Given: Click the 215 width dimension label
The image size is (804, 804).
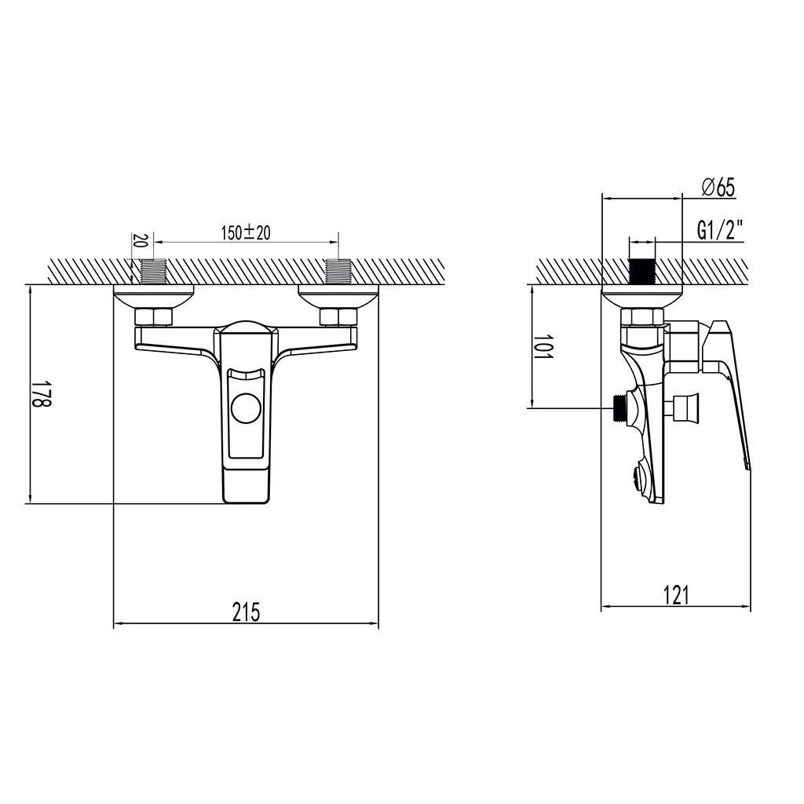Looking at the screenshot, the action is [246, 612].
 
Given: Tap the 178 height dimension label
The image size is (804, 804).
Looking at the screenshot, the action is [42, 394].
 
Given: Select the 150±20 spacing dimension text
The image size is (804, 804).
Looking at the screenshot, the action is [246, 232].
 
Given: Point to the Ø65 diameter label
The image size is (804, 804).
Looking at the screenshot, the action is [718, 188].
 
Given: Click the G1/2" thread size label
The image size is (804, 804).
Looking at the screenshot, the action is [721, 231].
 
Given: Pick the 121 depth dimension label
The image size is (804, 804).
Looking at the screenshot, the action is [676, 595].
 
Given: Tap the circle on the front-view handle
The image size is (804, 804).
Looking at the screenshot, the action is [246, 408].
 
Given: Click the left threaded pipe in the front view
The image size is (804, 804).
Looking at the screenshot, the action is [153, 271].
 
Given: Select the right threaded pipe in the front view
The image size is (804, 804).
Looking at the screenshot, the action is [338, 271].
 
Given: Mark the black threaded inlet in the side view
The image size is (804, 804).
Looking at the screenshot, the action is [642, 271].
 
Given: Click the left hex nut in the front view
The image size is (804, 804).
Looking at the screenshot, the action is [153, 316].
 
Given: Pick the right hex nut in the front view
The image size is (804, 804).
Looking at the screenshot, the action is [338, 316].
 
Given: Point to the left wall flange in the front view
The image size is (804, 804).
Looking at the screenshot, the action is [153, 297].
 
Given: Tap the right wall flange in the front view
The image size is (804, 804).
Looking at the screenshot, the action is [338, 297].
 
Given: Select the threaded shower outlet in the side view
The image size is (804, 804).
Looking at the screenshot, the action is [621, 407].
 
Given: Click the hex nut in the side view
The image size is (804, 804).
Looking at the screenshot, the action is [642, 316].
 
